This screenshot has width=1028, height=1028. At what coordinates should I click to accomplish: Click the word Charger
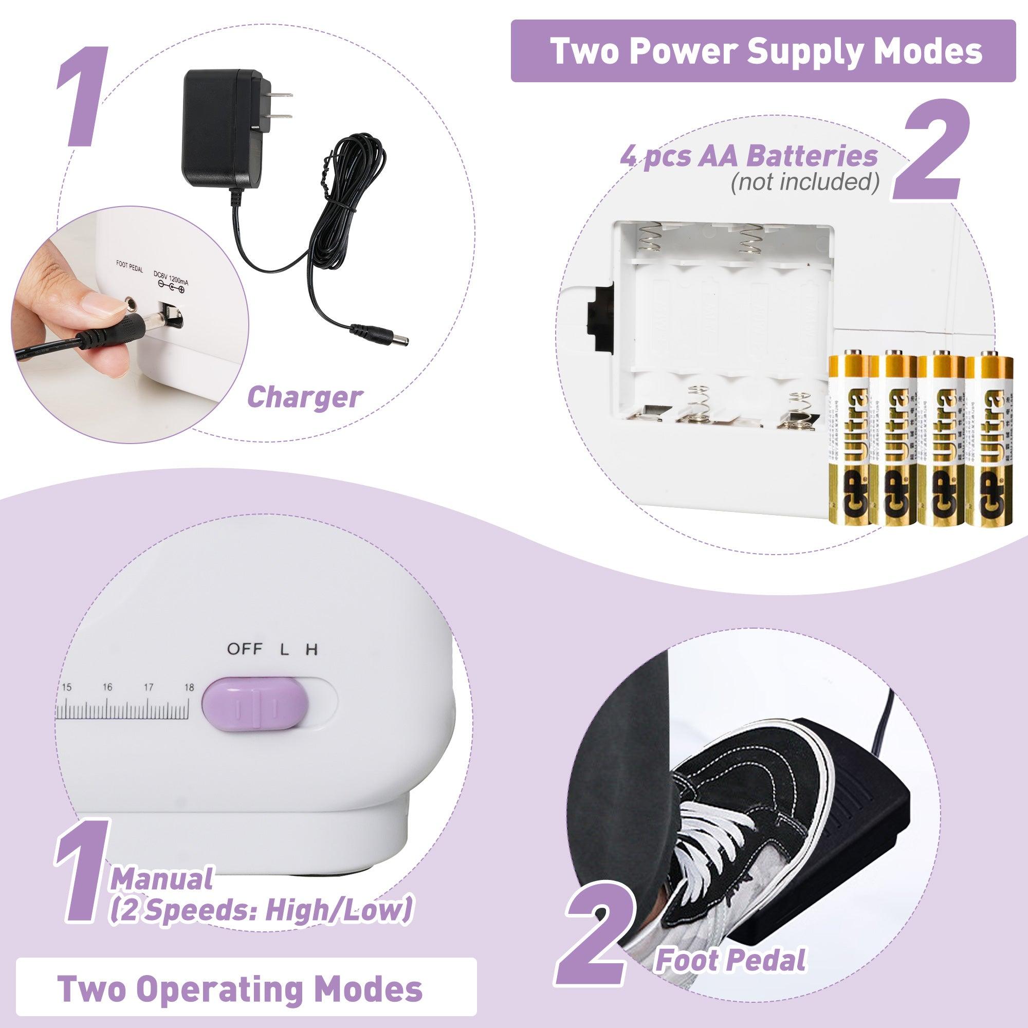[305, 397]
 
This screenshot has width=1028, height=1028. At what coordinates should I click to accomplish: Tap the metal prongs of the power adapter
[282, 105]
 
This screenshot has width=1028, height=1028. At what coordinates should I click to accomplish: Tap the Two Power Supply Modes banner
[766, 51]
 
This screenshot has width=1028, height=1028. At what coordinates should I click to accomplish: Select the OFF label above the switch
[244, 649]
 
